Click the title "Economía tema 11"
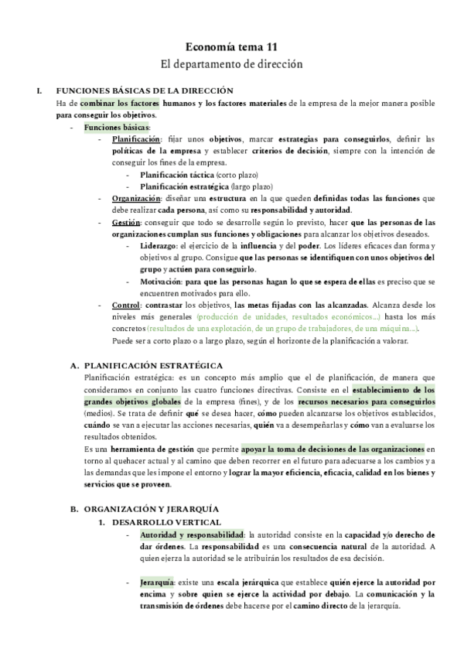click(x=231, y=46)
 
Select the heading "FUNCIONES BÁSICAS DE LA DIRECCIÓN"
click(x=145, y=91)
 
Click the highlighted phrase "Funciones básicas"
click(x=117, y=127)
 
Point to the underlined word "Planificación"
click(x=136, y=139)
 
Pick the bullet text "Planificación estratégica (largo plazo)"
click(x=206, y=186)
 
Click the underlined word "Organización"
click(x=138, y=199)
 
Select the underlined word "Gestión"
click(x=126, y=223)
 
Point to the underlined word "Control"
click(x=125, y=306)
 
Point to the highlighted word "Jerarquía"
click(x=157, y=582)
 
